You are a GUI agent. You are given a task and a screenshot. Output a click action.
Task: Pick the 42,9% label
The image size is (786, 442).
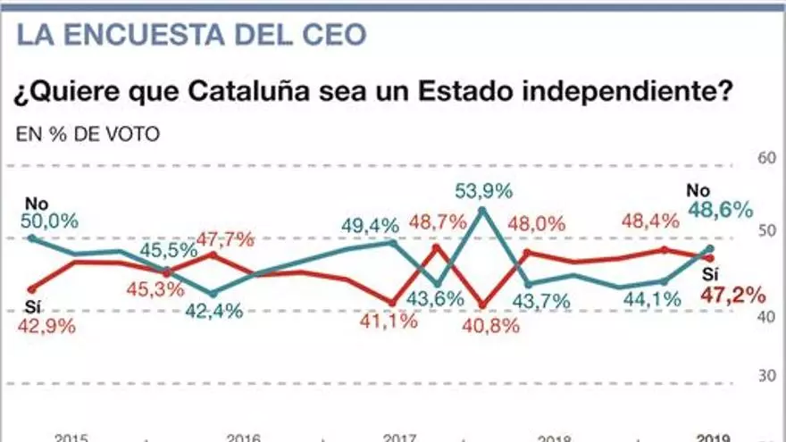tap(46, 326)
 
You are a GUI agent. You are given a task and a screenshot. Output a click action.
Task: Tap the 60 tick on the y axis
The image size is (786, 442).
tap(765, 159)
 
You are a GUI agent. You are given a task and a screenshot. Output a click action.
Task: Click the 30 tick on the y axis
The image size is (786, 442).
tap(765, 376)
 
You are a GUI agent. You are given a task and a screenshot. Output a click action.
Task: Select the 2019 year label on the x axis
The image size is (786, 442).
tap(714, 438)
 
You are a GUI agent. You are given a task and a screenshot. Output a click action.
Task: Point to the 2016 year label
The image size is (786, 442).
tap(243, 438)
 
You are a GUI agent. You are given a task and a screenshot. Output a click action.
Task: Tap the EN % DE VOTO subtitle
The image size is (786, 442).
tap(88, 135)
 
